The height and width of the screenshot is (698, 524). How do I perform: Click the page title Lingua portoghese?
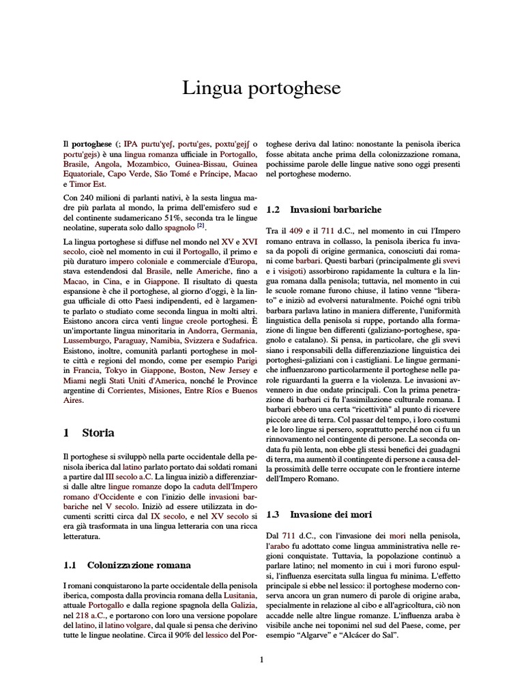261,89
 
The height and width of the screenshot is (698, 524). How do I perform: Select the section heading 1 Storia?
88,433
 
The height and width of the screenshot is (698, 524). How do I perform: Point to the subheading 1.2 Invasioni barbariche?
323,209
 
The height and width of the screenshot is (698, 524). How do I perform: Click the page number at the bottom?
261,658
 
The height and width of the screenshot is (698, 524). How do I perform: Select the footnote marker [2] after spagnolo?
201,226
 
